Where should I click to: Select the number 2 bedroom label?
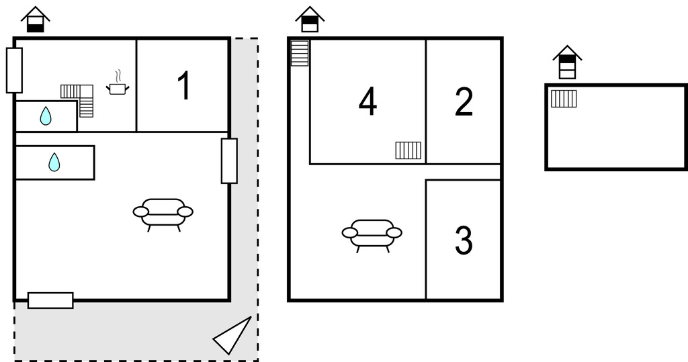point(464,102)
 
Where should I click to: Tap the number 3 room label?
point(464,240)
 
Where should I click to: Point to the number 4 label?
point(368,101)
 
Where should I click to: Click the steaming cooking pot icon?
point(118,83)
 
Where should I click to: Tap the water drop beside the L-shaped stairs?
point(46,116)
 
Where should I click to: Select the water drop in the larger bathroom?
point(54,162)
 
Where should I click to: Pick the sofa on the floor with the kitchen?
point(163,214)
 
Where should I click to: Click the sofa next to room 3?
point(372,236)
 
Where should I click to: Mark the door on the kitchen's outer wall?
point(14,71)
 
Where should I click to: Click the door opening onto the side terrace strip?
point(229,161)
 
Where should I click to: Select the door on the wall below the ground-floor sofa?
point(50,301)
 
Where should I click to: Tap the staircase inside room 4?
point(408,150)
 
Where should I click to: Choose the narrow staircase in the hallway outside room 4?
point(300,54)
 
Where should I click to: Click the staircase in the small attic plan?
point(564,99)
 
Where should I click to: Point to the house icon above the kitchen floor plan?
point(36,19)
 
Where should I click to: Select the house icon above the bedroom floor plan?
point(310,19)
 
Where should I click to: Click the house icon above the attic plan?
point(567,62)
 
